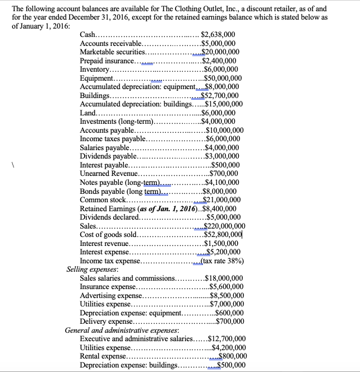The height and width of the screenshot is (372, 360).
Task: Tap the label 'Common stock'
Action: pos(103,199)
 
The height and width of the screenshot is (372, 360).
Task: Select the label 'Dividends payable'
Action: pos(108,156)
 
